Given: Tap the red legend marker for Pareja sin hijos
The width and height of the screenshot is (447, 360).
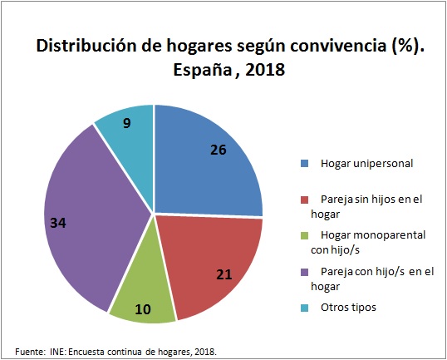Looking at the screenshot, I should coord(305,199).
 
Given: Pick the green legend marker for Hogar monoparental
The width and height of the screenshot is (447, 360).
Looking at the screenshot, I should coord(305,235).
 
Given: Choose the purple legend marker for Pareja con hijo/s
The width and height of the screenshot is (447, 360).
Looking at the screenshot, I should coord(305,271).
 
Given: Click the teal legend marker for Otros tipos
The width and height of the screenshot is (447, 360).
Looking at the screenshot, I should coord(305,307).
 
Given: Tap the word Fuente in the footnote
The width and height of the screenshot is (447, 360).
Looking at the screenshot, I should coord(31,351).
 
